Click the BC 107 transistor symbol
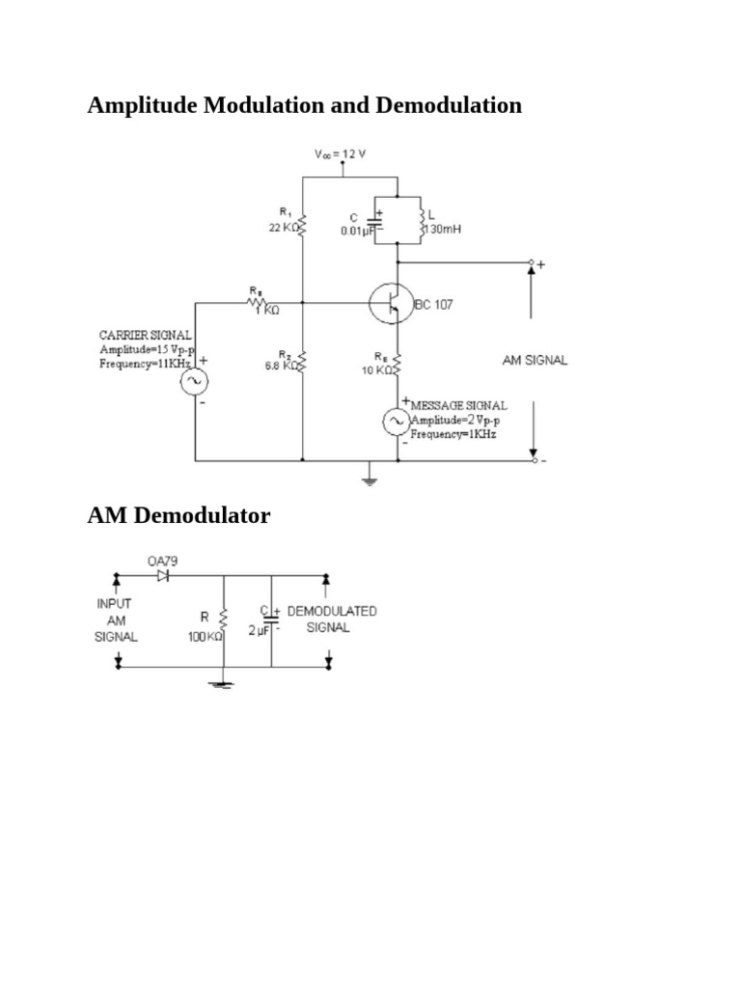point(389,304)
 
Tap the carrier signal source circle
point(195,381)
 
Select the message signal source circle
point(396,421)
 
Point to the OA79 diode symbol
point(162,577)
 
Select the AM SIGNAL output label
point(535,360)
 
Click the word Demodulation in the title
point(449,105)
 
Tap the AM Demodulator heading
point(178,516)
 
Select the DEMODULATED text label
point(331,612)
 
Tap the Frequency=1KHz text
point(453,435)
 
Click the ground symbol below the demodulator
point(223,684)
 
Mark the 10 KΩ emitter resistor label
point(377,370)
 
